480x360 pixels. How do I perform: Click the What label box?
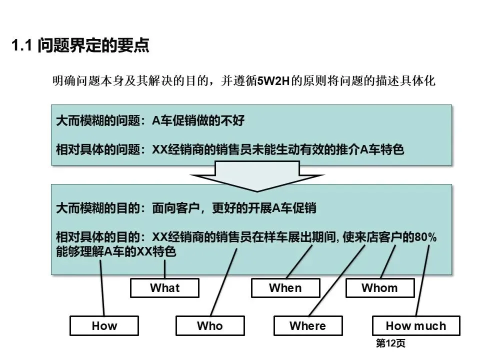tap(164, 288)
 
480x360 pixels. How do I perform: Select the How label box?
tap(104, 325)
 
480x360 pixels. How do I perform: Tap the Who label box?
tap(210, 325)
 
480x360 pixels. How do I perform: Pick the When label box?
tap(285, 288)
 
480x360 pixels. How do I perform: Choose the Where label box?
tap(308, 325)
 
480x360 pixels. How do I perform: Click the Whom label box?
tap(380, 288)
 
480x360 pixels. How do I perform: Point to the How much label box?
tap(416, 325)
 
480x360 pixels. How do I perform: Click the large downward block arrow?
tap(257, 176)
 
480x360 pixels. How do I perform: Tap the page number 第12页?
tap(390, 343)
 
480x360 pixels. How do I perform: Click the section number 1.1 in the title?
tap(21, 45)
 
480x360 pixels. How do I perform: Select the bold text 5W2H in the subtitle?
tap(273, 81)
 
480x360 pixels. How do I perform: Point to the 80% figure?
tap(425, 237)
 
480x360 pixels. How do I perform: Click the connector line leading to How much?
tap(422, 280)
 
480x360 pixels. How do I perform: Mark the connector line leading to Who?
tap(224, 282)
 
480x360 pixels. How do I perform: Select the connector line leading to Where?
tap(337, 280)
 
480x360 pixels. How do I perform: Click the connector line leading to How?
tap(102, 288)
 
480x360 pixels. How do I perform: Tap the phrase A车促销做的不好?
tap(198, 120)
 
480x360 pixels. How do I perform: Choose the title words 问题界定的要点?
tap(93, 45)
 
